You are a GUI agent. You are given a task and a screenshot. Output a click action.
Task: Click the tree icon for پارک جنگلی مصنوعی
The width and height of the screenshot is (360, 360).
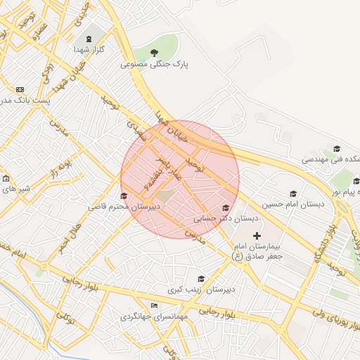pos(155,52)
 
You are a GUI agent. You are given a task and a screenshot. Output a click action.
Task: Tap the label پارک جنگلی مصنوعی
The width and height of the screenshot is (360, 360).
pos(155,64)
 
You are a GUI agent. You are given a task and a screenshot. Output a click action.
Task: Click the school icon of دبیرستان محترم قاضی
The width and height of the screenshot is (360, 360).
pos(124,196)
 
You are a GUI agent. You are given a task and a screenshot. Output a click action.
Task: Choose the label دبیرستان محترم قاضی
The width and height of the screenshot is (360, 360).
pos(124,207)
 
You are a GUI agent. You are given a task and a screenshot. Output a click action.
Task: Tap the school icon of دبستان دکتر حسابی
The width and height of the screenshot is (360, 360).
pos(226,207)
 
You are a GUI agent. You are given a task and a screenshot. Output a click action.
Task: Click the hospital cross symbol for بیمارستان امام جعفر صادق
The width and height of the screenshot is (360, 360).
pos(257,236)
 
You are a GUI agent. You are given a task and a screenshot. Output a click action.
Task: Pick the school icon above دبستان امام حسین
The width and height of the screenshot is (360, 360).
pos(293,193)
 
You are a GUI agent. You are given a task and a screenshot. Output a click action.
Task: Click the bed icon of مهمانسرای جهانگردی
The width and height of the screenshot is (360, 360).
pos(154,305)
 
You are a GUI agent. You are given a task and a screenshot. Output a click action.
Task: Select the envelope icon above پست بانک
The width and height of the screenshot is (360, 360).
pos(20,89)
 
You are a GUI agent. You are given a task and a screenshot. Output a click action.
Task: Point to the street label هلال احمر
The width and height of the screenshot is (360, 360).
pos(70,238)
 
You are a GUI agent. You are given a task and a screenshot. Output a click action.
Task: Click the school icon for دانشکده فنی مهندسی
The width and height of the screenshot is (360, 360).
pos(337,148)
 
